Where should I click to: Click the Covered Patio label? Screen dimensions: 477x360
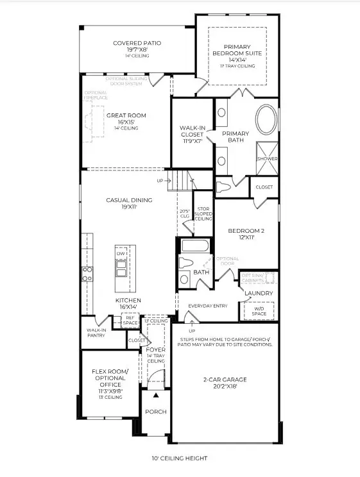point(137,43)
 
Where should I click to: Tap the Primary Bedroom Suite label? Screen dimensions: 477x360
point(237,51)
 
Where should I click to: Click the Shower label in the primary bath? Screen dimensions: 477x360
point(267,158)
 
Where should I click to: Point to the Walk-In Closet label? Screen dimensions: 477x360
point(193,131)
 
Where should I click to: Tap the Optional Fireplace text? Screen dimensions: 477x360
point(94,96)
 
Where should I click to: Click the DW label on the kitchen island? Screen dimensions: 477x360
point(121,254)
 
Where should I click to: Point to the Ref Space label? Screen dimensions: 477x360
point(130,319)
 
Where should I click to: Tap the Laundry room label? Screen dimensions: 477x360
point(259,293)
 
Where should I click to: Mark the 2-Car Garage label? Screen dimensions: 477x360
point(225,380)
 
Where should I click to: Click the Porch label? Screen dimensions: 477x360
point(155,412)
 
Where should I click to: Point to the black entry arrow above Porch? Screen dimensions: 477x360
point(155,396)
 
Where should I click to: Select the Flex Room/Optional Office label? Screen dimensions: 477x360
point(110,376)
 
